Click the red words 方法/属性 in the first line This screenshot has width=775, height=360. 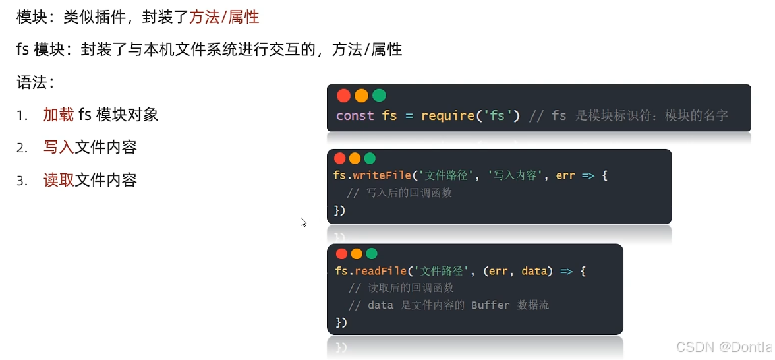click(x=224, y=17)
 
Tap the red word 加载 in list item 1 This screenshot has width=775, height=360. click(x=59, y=115)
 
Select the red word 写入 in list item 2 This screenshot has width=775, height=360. click(x=59, y=147)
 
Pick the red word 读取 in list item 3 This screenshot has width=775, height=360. click(x=59, y=180)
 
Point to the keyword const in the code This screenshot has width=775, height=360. click(x=355, y=116)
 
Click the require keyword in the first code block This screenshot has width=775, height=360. click(x=447, y=116)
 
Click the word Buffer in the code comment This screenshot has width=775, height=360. click(x=490, y=305)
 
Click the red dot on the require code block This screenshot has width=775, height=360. click(x=343, y=96)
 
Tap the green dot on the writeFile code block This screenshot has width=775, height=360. click(x=370, y=158)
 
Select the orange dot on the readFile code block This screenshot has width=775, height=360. click(x=357, y=254)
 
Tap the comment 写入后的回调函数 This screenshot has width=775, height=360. click(x=399, y=193)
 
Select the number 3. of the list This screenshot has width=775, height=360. click(x=22, y=181)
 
